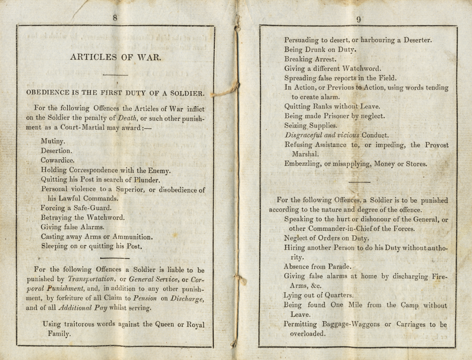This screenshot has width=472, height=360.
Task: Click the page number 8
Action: tap(115, 18)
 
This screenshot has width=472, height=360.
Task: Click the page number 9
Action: tap(359, 19)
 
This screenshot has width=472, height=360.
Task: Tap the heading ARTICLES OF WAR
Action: tap(116, 57)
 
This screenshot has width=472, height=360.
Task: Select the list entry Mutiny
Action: tap(53, 141)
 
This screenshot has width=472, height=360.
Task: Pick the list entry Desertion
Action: tap(56, 151)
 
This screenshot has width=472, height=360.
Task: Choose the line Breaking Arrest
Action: tap(310, 59)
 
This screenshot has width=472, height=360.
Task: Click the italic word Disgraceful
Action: tap(305, 135)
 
